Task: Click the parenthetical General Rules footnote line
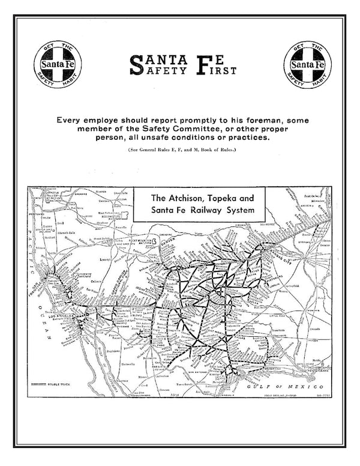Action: coord(180,148)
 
